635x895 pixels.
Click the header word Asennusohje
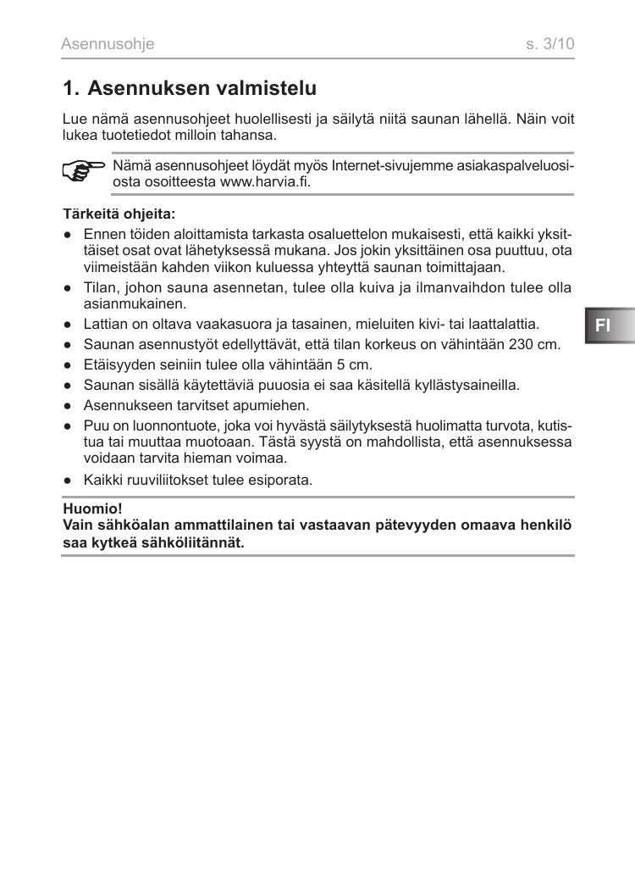[108, 44]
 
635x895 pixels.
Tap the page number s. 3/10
[549, 44]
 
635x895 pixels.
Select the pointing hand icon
[84, 172]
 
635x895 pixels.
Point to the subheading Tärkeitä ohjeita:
[119, 214]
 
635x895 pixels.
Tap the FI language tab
[603, 325]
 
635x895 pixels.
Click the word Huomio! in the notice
[92, 509]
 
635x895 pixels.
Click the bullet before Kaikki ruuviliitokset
[67, 480]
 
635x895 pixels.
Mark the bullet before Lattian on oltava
[67, 324]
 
